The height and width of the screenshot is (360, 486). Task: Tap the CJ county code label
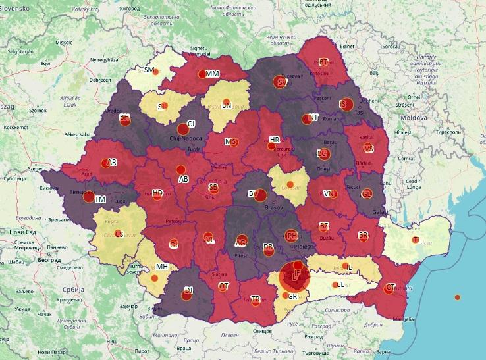tap(191, 124)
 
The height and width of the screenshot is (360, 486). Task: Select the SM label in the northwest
tap(149, 70)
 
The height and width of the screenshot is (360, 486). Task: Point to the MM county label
tap(212, 74)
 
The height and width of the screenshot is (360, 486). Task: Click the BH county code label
tap(125, 117)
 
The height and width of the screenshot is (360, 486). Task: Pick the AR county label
tap(112, 162)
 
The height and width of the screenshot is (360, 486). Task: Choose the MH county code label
tap(161, 267)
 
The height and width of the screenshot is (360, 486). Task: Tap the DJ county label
tap(188, 290)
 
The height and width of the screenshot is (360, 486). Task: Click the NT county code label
tap(313, 118)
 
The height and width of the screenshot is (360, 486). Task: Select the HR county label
tap(275, 140)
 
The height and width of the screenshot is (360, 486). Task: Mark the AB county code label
tap(184, 179)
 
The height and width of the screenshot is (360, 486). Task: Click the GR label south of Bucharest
tap(292, 296)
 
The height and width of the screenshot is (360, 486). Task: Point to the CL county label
tap(340, 284)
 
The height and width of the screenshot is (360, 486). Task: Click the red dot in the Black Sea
tap(458, 297)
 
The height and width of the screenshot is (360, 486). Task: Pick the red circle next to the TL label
tap(415, 240)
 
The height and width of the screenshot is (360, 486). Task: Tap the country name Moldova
tap(416, 117)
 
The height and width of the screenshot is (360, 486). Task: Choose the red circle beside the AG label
tap(241, 241)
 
